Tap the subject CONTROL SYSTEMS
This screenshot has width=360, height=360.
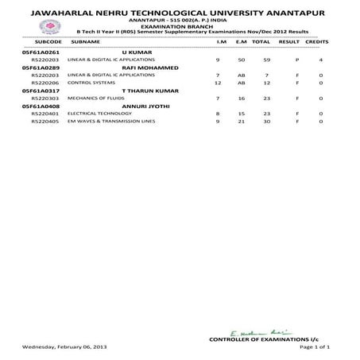click(89, 83)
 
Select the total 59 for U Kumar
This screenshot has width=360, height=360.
click(256, 60)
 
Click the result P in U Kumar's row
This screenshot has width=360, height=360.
click(296, 60)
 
